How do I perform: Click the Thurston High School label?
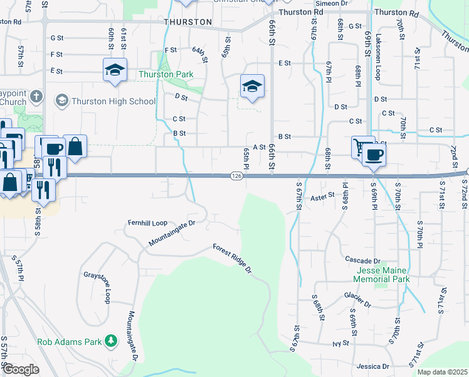(113, 101)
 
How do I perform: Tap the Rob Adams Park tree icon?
(112, 341)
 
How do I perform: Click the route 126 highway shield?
(236, 177)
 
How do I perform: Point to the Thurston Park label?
(166, 74)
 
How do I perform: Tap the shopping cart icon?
(361, 146)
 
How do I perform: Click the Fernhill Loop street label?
(147, 223)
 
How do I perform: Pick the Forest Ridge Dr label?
(232, 259)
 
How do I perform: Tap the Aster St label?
(325, 197)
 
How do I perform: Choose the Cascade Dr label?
(359, 260)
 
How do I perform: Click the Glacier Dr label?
(358, 295)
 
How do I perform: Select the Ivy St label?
(340, 344)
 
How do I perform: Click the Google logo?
(21, 369)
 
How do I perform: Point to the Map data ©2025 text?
(442, 372)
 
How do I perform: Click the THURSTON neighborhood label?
(187, 21)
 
